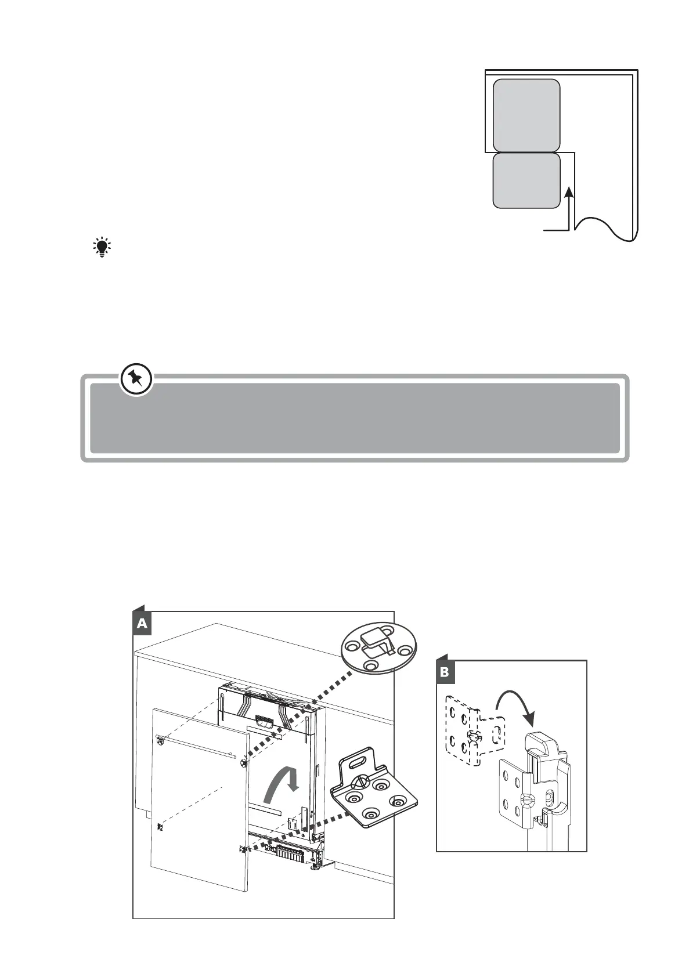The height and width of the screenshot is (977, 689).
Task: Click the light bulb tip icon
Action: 102,247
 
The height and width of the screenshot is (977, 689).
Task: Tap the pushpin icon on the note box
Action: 137,380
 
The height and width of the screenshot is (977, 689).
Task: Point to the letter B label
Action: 445,672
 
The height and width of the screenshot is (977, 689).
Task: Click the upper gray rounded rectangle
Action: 526,115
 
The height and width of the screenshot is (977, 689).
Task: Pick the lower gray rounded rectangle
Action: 526,180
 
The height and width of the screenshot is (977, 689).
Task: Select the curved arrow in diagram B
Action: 514,705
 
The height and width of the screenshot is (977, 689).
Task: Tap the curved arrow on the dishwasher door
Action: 280,784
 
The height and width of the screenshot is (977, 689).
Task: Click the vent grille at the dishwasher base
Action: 290,853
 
